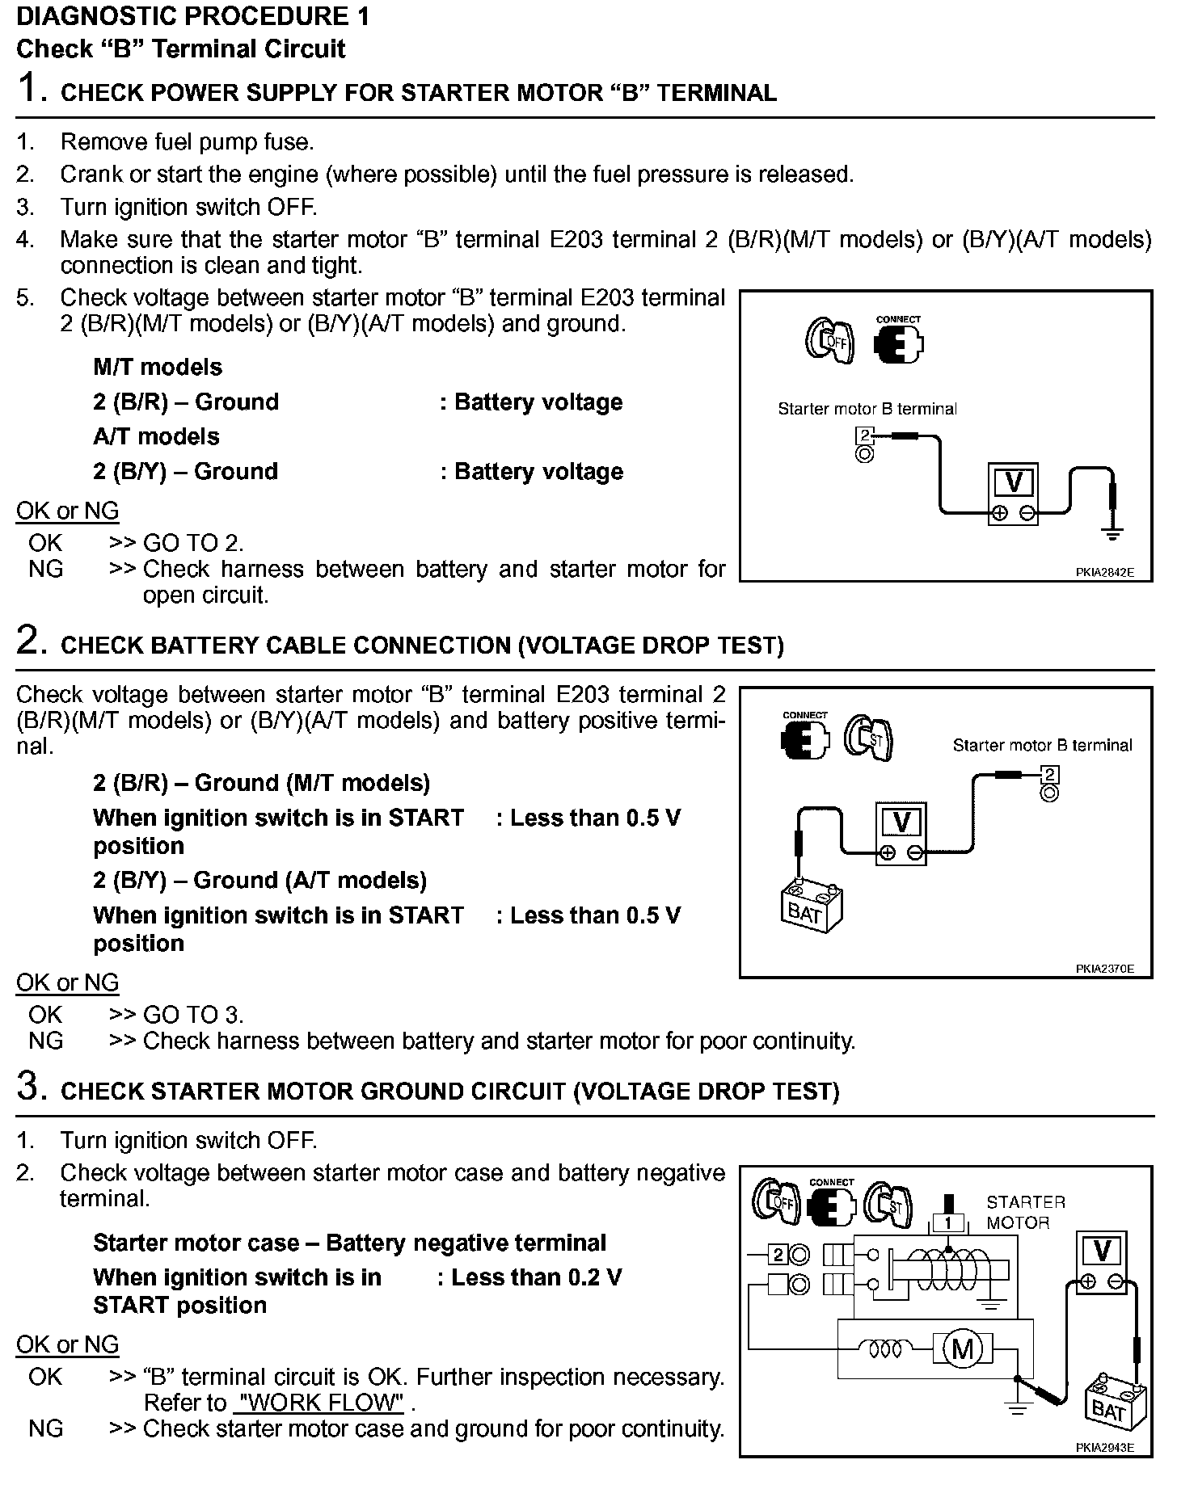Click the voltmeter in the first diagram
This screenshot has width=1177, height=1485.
point(1013,494)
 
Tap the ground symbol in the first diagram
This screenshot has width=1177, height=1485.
point(1113,533)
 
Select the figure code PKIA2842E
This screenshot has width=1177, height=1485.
point(1104,572)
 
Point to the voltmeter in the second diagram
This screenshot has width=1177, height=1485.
point(901,833)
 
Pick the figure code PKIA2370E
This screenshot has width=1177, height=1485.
point(1104,969)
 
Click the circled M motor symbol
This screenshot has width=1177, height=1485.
point(962,1348)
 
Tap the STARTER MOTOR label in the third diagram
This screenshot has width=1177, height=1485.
point(1025,1213)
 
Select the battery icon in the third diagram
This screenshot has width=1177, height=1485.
point(1114,1408)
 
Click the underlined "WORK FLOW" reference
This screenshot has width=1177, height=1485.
point(318,1403)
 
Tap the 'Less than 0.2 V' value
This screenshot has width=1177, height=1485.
point(537,1277)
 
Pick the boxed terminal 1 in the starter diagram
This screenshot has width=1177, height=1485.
point(948,1222)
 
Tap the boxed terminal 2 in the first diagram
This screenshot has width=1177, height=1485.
point(864,437)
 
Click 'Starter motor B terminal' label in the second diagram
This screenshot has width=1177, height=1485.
point(1042,745)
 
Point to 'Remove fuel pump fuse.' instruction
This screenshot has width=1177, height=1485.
point(187,142)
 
